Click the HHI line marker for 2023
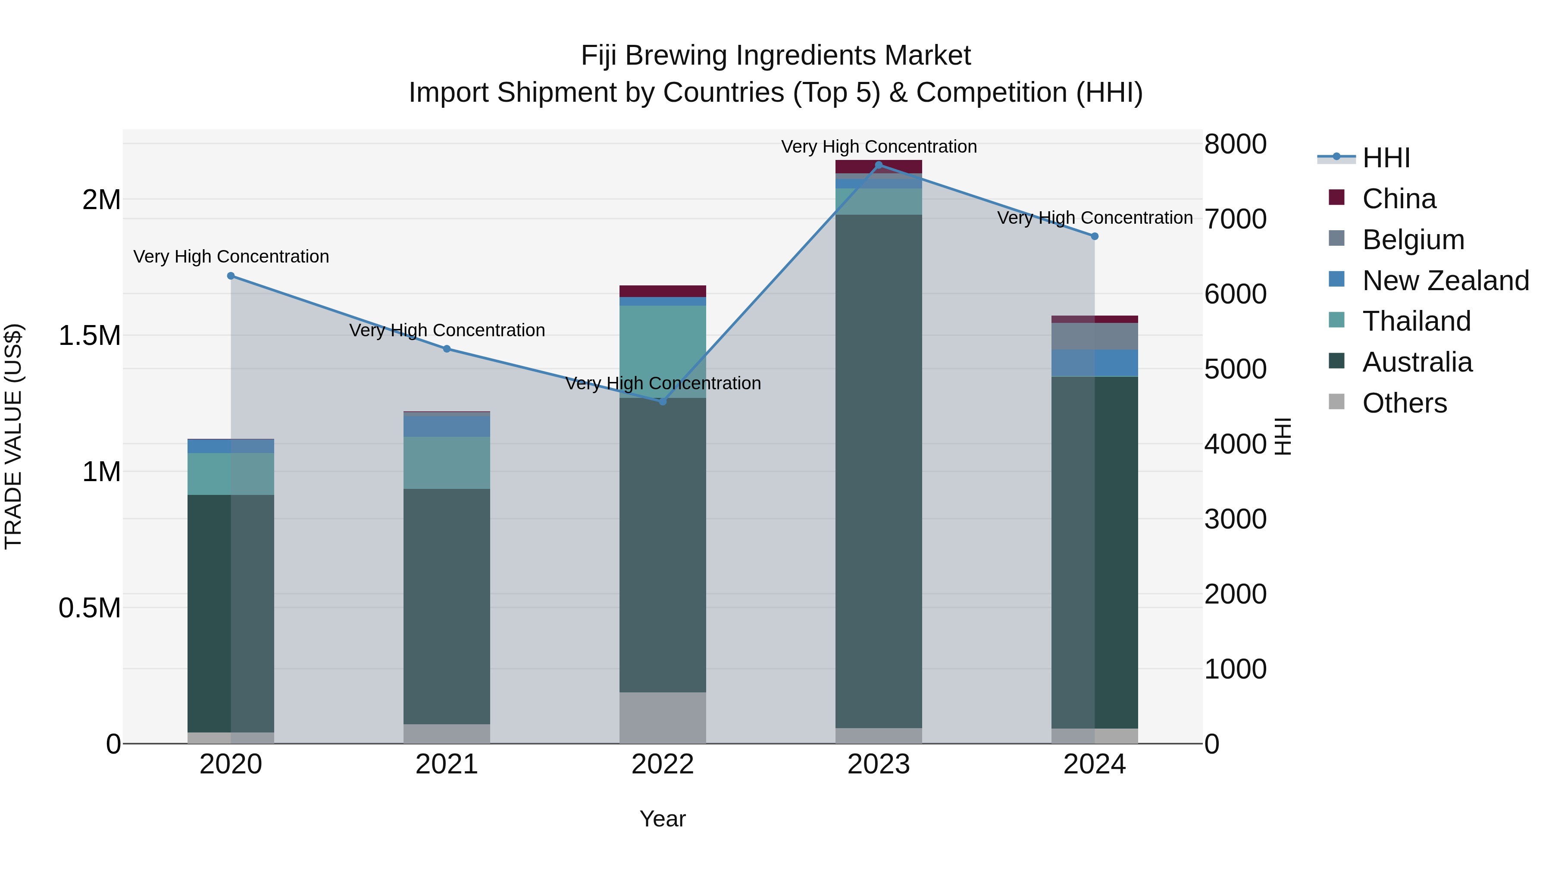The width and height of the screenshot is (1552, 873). (879, 165)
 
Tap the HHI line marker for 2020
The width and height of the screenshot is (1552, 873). (231, 276)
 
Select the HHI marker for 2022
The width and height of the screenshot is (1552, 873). (663, 401)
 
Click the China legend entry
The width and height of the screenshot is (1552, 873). (1399, 199)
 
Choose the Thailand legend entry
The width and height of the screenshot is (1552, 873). (1416, 321)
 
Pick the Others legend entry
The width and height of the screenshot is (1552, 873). (1404, 403)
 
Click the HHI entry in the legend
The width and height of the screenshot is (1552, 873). (1386, 158)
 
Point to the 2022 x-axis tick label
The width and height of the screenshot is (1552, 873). (663, 764)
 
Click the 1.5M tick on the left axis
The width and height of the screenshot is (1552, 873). (90, 335)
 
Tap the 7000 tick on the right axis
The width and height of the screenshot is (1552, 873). (1235, 219)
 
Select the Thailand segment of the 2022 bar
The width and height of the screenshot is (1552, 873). (663, 351)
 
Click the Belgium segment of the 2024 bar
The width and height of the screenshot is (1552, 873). (1095, 336)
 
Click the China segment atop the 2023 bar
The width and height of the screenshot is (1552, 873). (879, 166)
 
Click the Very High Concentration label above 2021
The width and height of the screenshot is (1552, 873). (447, 330)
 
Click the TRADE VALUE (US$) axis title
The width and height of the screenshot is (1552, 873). (13, 436)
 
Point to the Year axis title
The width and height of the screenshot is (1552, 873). (663, 819)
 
